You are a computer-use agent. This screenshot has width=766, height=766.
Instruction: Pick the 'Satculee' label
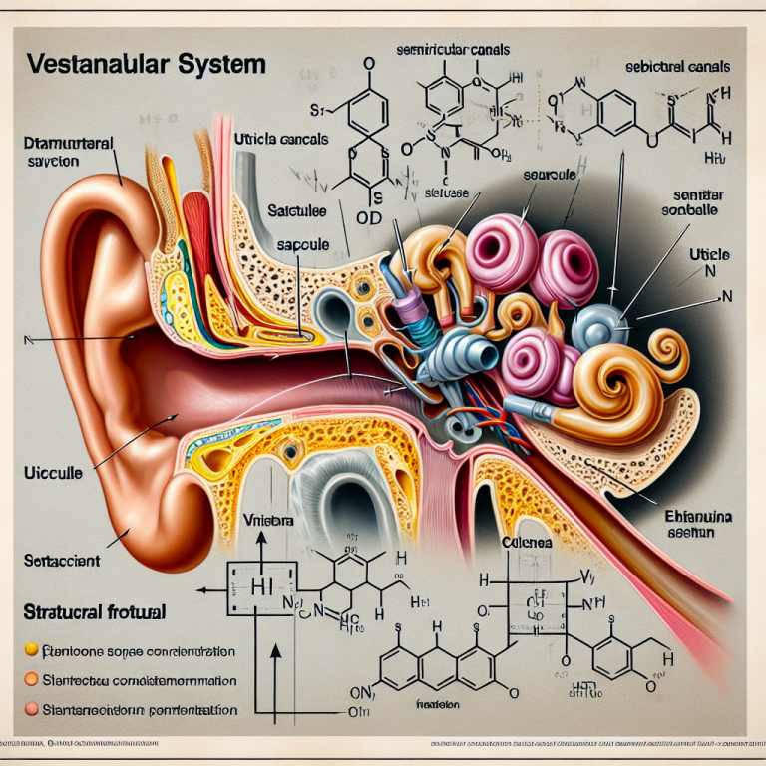pos(297,210)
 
